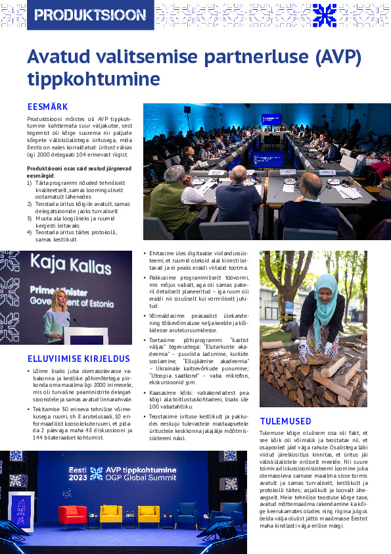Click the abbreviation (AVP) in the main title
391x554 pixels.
tap(329, 58)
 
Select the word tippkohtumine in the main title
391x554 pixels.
tap(93, 79)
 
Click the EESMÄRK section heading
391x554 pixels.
tap(48, 107)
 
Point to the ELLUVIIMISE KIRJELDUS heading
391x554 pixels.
tap(79, 359)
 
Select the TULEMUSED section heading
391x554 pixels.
tap(285, 421)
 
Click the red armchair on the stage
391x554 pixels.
tap(72, 515)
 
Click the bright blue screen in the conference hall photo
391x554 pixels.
tap(271, 119)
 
